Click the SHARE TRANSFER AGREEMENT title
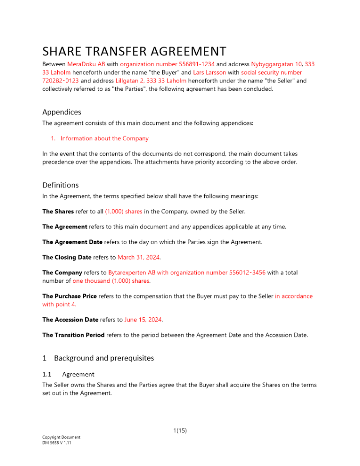tap(134, 51)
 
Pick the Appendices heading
tap(62, 112)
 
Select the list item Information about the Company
tap(104, 138)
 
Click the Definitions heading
tap(61, 185)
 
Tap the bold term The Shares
tap(58, 211)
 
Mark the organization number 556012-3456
tap(242, 273)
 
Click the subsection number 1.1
tap(47, 374)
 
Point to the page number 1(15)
tap(180, 431)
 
